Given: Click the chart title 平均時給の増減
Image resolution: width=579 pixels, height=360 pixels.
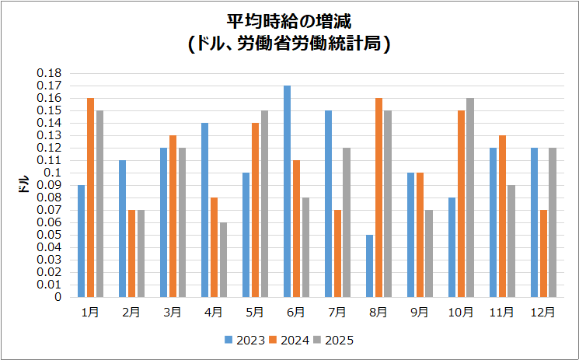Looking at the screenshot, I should point(289,21).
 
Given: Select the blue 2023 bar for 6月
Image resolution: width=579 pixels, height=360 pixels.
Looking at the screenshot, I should point(287,191).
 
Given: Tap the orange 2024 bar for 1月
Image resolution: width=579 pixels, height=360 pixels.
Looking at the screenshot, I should point(90,197).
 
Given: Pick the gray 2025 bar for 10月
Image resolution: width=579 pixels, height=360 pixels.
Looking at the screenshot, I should point(469,197).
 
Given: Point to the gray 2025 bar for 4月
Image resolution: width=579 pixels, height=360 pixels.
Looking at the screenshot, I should point(223,260).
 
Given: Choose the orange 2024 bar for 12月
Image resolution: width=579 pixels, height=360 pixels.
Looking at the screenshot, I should point(542,253).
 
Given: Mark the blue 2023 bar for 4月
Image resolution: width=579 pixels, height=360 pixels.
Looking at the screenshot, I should point(204,210).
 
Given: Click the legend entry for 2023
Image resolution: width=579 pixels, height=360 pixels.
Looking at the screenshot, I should point(245,340).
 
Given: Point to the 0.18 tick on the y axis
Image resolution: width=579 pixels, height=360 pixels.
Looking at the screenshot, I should point(51,73).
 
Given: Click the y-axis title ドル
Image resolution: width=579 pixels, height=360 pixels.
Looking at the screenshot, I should point(24,185).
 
